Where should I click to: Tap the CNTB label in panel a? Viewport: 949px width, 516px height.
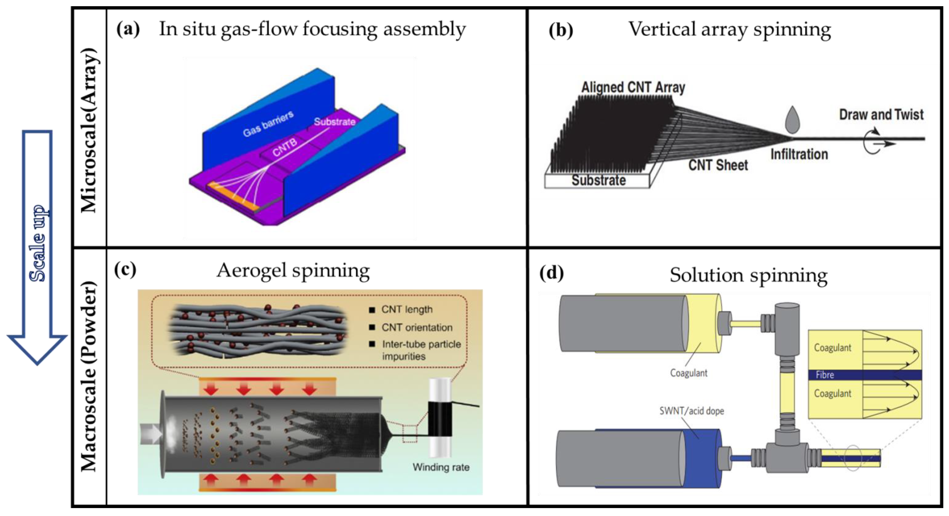285,147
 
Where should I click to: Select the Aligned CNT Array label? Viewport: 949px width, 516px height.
633,88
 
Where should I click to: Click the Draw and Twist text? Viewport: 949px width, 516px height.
881,115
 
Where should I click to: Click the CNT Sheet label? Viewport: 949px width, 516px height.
718,165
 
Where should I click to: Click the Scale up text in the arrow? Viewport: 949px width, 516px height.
38,244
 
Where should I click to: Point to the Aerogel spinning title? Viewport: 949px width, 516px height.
293,271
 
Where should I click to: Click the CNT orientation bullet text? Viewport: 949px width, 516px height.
417,327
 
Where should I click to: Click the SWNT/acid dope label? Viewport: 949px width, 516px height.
692,411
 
